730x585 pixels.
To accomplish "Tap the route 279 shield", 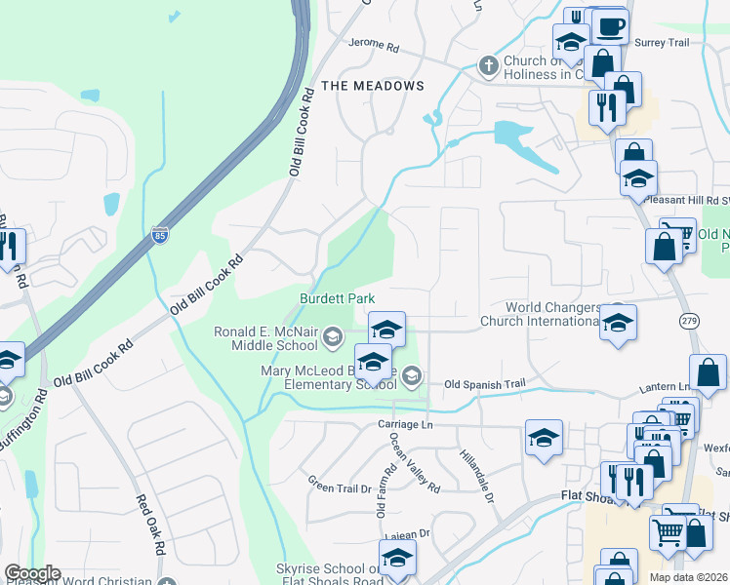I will tap(687, 320).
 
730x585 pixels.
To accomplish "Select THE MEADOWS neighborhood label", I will tap(373, 86).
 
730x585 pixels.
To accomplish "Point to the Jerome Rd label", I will tap(375, 46).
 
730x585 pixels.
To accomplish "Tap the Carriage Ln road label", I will tap(405, 425).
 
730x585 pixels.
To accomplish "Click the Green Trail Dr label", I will tap(341, 486).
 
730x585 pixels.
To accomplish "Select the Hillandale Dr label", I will tap(476, 475).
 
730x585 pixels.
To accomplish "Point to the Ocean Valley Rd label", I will tap(416, 461).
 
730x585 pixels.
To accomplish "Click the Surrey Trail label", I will tap(662, 43).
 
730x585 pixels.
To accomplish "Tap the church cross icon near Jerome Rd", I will tap(489, 65).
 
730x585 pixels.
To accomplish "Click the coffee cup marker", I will tap(611, 25).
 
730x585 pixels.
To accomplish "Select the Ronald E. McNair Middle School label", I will tap(270, 337).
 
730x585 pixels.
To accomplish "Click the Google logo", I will tap(32, 574).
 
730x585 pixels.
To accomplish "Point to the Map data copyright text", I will tap(687, 577).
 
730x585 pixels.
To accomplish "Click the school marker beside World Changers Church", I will tap(618, 322).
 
